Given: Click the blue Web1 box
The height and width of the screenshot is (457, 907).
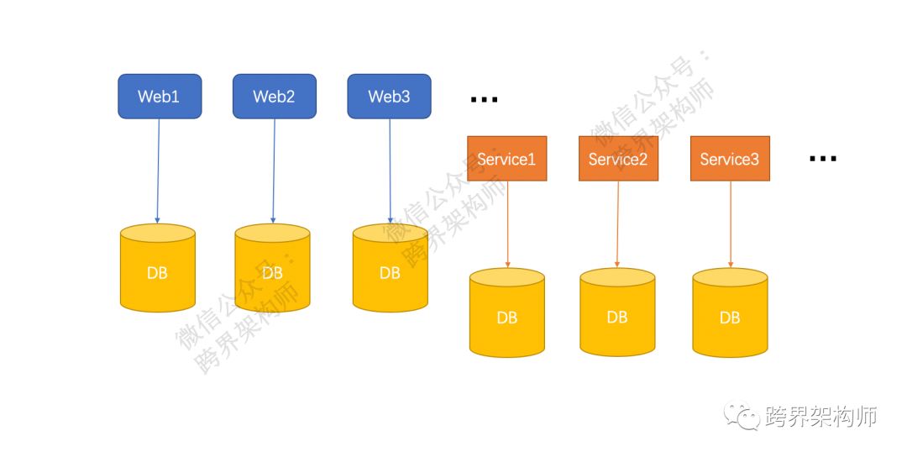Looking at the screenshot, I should pos(160,97).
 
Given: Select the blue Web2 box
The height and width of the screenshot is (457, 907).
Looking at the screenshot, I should pos(275,97).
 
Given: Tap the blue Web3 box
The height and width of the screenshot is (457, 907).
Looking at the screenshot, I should pos(390,97).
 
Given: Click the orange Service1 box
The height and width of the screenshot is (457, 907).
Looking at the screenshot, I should pos(506,159).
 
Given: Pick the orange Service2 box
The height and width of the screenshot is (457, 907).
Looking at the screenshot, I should pos(618,159).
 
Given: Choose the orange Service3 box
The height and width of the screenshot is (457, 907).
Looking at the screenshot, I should pos(730,159).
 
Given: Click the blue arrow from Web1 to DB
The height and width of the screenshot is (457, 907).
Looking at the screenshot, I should pos(159,172).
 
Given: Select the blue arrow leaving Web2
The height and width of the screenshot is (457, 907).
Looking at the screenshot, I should pos(274,172).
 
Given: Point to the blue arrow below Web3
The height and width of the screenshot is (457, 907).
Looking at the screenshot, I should pos(390,172).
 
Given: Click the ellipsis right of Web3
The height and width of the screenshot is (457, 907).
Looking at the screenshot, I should pos(485,100).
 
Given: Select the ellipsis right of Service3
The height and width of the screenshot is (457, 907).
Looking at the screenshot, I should pos(823,159).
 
